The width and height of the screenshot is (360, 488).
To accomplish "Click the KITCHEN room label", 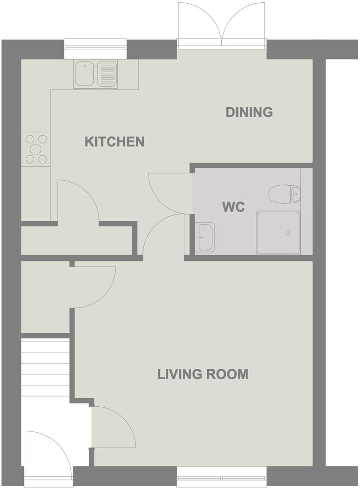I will [x=114, y=141].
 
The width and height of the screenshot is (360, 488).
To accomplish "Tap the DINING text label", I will [x=249, y=112].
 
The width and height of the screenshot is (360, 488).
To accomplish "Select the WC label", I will [x=233, y=207].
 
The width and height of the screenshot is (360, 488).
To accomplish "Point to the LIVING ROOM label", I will [x=202, y=374].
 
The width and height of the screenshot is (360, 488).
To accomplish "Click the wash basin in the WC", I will [x=205, y=237].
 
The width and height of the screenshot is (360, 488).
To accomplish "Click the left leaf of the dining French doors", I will [x=200, y=23].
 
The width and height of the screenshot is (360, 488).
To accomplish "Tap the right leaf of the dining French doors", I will [x=244, y=23].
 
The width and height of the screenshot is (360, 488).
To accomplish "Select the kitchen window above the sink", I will [x=95, y=45].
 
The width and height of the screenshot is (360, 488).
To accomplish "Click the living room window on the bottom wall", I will [x=222, y=475].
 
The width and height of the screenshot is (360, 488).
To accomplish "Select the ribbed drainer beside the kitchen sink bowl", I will [x=106, y=74].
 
